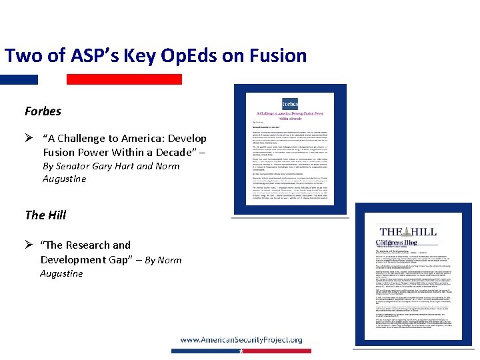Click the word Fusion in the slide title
(276, 55)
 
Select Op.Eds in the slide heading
(174, 55)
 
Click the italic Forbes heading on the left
(43, 111)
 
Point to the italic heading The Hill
(45, 215)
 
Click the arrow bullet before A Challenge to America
(29, 139)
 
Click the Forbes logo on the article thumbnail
(290, 104)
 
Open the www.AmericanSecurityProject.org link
(241, 339)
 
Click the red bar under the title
(124, 79)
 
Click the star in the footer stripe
(241, 351)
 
